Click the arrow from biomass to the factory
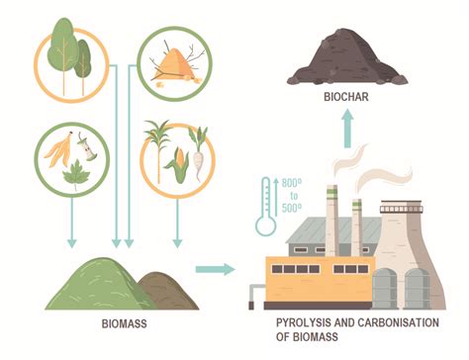[x=215, y=268]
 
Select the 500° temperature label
[x=292, y=209]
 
